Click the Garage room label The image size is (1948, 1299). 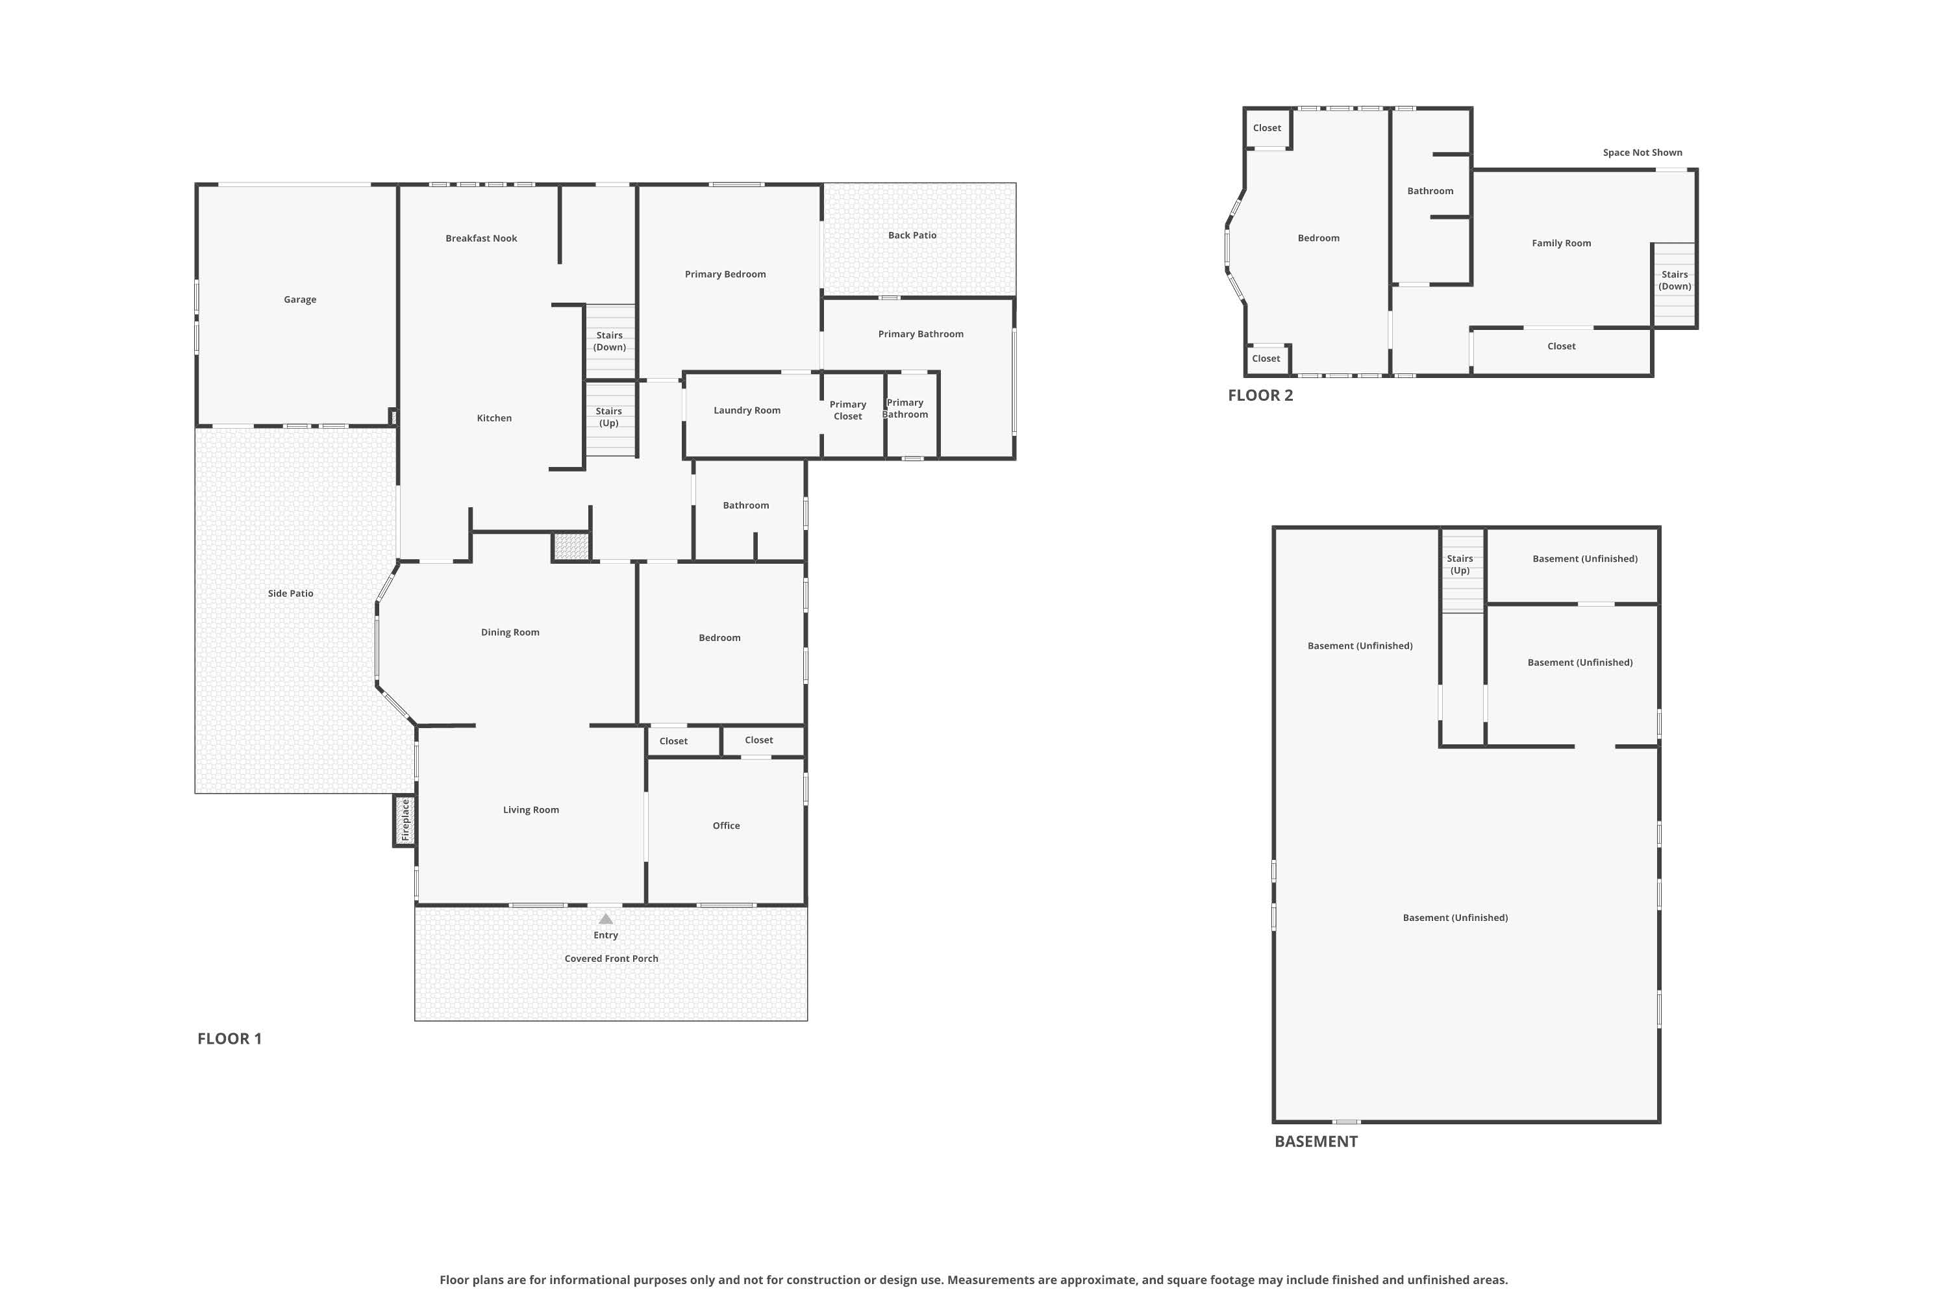pyautogui.click(x=300, y=300)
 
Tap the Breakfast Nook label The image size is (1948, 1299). pyautogui.click(x=481, y=238)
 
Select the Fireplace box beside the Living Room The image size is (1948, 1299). pyautogui.click(x=404, y=820)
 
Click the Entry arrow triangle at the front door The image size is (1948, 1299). pyautogui.click(x=605, y=919)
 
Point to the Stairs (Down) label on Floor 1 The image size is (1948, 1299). pyautogui.click(x=610, y=342)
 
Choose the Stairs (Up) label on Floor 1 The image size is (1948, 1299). pyautogui.click(x=609, y=417)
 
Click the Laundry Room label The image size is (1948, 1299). pyautogui.click(x=747, y=410)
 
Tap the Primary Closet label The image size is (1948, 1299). pyautogui.click(x=848, y=410)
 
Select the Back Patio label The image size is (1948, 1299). pyautogui.click(x=912, y=235)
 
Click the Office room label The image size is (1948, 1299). pyautogui.click(x=727, y=826)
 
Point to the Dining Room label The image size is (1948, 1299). pyautogui.click(x=510, y=633)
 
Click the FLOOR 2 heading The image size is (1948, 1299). pyautogui.click(x=1260, y=395)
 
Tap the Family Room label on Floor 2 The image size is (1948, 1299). pyautogui.click(x=1561, y=244)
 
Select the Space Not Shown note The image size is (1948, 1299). pyautogui.click(x=1642, y=153)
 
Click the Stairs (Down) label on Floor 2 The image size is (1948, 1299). pyautogui.click(x=1675, y=281)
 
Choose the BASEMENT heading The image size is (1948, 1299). pyautogui.click(x=1316, y=1142)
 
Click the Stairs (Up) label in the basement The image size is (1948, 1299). pyautogui.click(x=1460, y=565)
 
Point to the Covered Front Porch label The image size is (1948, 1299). pyautogui.click(x=611, y=959)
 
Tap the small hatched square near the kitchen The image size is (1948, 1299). pyautogui.click(x=571, y=547)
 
